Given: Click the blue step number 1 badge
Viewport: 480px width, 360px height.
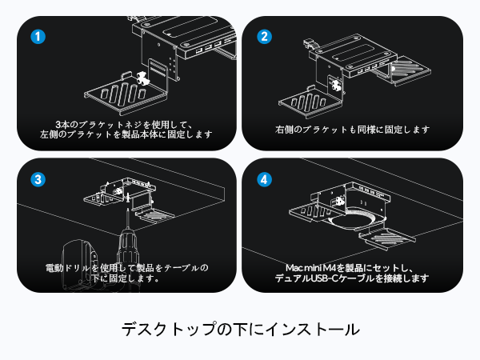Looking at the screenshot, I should (x=36, y=37).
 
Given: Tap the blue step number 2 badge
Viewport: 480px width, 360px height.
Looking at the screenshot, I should (x=262, y=37).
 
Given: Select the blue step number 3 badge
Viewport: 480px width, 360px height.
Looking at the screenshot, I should (x=36, y=179).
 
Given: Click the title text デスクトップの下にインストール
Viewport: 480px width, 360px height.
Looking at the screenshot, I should (x=240, y=329).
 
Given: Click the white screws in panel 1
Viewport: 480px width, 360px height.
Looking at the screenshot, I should (x=143, y=78).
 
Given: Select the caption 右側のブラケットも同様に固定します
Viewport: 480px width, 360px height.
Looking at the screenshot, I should (x=352, y=129).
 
